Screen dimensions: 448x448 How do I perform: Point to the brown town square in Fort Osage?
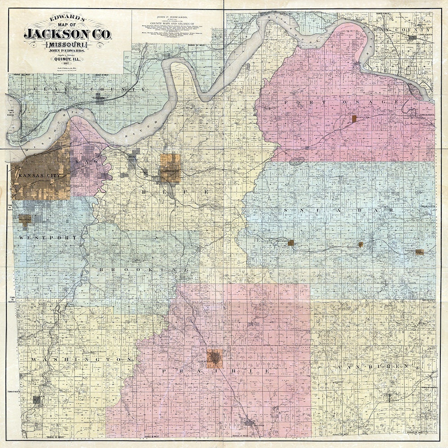click(354, 119)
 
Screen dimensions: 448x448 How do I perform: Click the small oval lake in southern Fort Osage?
click(297, 160)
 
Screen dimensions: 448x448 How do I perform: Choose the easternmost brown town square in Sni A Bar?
click(419, 252)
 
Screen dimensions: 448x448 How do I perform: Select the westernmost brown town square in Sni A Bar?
click(291, 243)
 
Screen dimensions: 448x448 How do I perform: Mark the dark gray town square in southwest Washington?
click(37, 400)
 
